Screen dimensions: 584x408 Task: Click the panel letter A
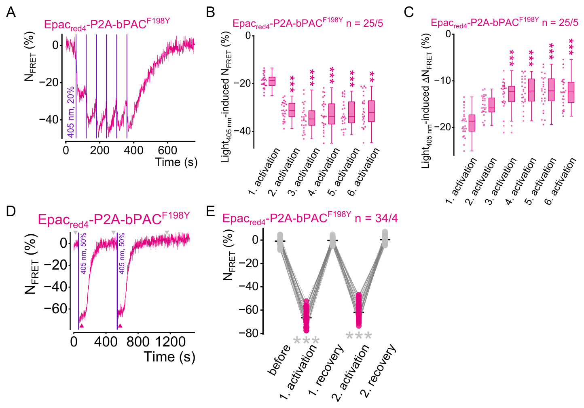click(x=11, y=12)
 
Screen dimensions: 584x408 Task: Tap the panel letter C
click(x=408, y=12)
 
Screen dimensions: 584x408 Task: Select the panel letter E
click(x=211, y=211)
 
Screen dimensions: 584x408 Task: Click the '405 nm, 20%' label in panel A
click(x=71, y=112)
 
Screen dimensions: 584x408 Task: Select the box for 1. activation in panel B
click(x=272, y=81)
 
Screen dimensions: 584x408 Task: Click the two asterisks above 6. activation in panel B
click(x=372, y=76)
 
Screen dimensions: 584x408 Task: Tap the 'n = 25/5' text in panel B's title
click(x=364, y=23)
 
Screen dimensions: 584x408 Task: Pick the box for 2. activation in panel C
click(x=492, y=105)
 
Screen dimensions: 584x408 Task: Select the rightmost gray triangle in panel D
click(x=167, y=232)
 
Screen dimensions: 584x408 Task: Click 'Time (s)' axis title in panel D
click(x=169, y=357)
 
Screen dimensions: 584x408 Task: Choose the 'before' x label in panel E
click(x=279, y=360)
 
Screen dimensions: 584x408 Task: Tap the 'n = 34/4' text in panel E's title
click(x=376, y=218)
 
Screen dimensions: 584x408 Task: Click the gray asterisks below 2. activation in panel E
click(x=359, y=336)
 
